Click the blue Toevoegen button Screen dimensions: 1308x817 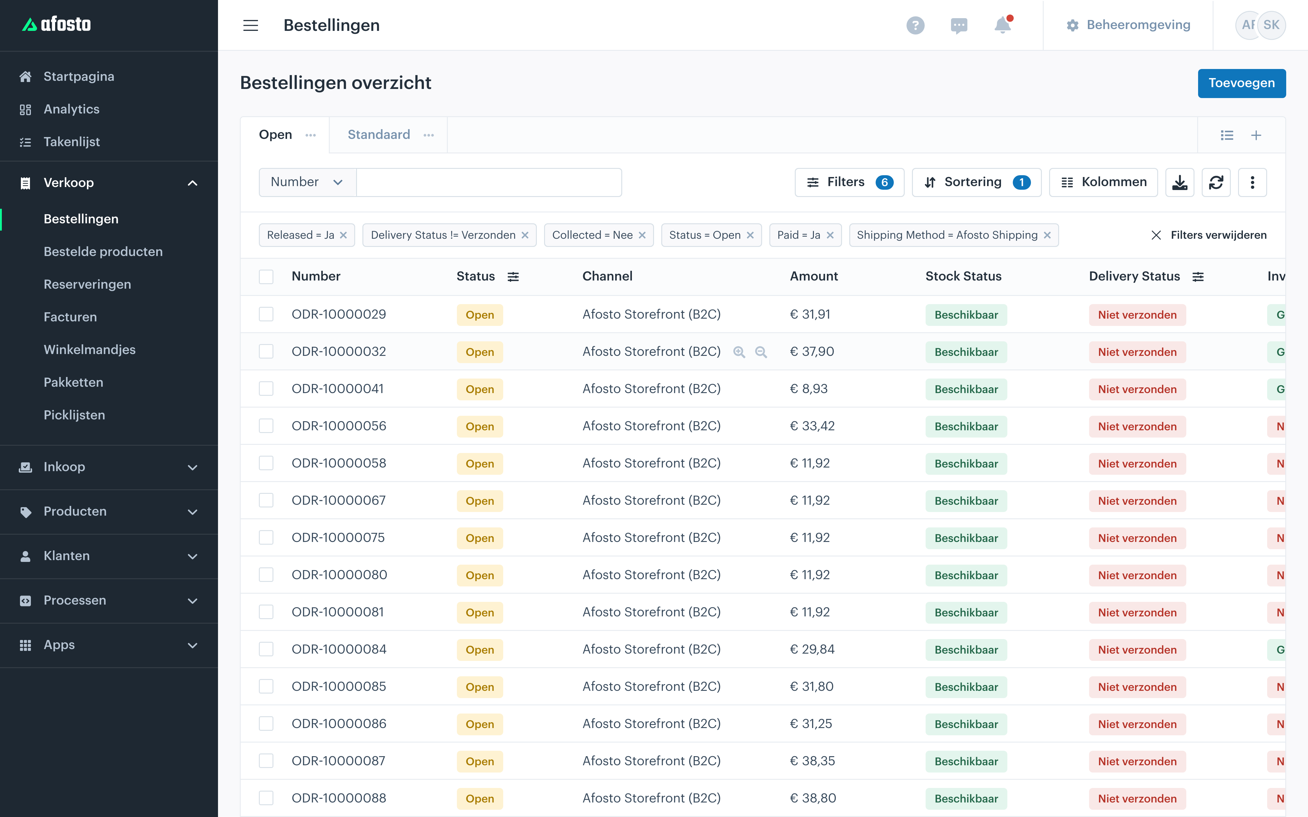click(1241, 83)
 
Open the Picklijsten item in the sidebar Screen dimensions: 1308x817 click(74, 415)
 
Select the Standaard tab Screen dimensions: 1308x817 click(379, 135)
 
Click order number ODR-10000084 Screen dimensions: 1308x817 click(339, 649)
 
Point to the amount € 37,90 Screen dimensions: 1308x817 click(812, 352)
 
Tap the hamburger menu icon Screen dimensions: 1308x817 click(250, 25)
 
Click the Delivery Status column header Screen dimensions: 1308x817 click(1134, 276)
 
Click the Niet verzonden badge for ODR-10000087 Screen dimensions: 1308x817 click(1137, 761)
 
